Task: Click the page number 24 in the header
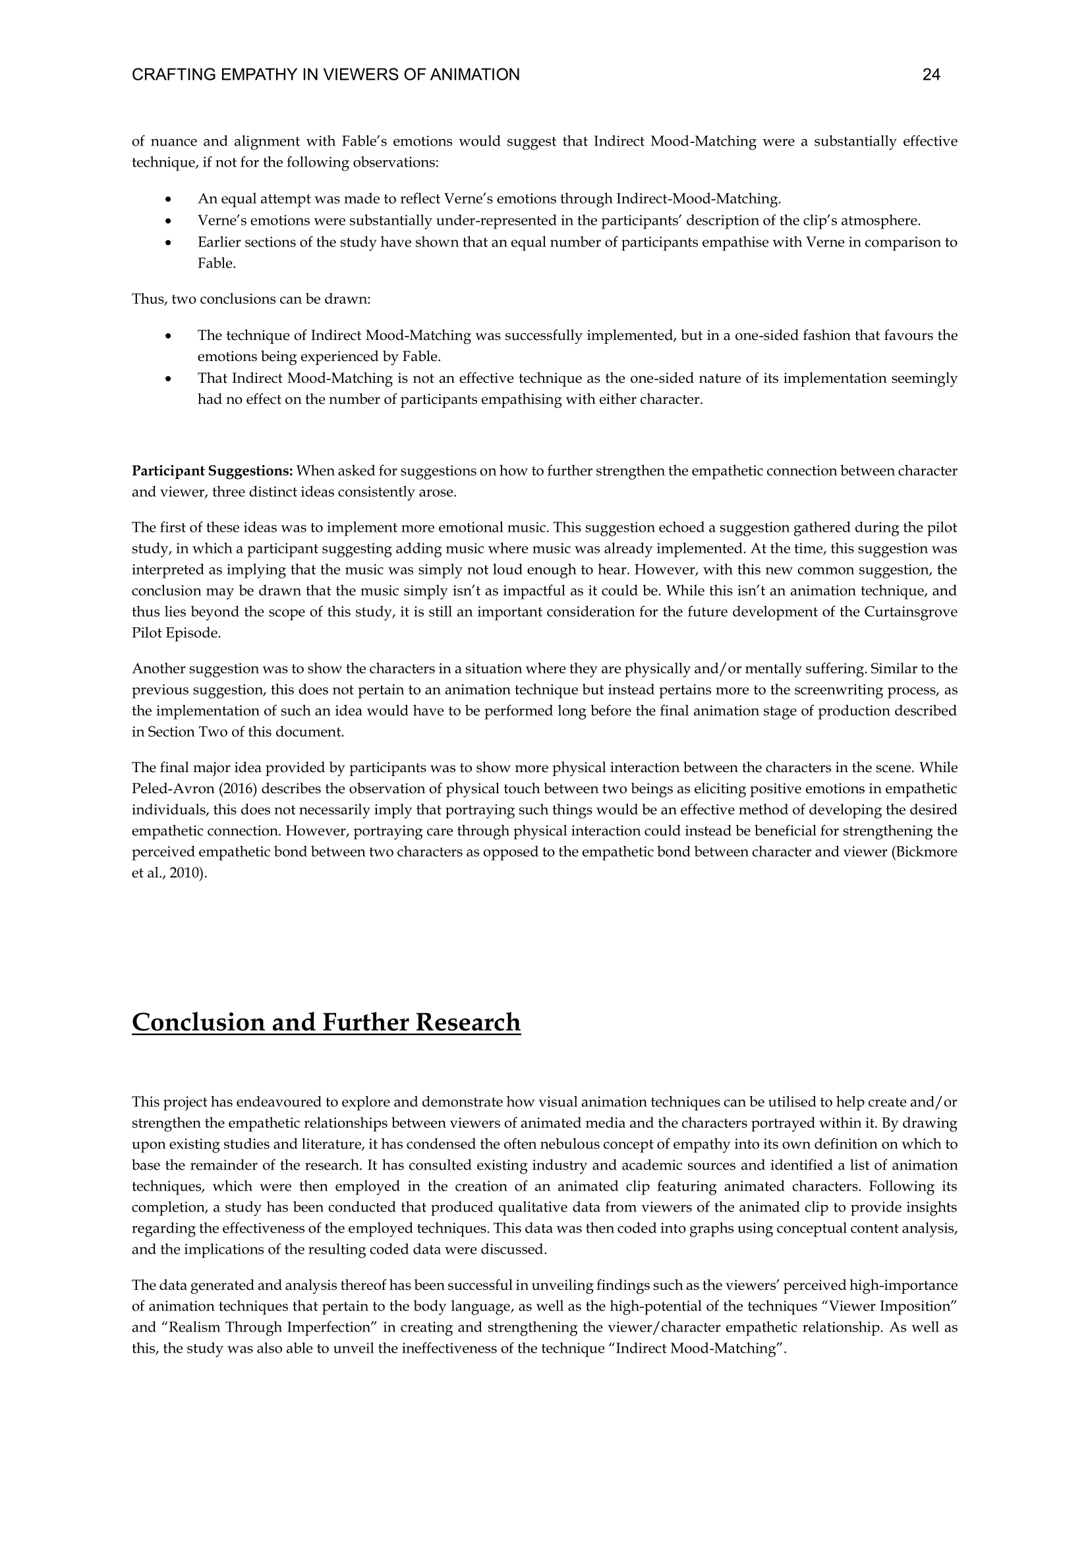pyautogui.click(x=931, y=75)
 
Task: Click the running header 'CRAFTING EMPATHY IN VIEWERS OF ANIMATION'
pyautogui.click(x=326, y=75)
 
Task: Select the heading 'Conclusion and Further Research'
pyautogui.click(x=326, y=1023)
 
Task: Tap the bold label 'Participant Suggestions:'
pyautogui.click(x=212, y=470)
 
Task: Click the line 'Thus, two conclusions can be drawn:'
pyautogui.click(x=251, y=298)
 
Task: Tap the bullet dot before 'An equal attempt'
pyautogui.click(x=168, y=200)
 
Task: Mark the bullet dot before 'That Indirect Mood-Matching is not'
pyautogui.click(x=168, y=379)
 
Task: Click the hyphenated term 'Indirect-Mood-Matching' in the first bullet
pyautogui.click(x=698, y=200)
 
